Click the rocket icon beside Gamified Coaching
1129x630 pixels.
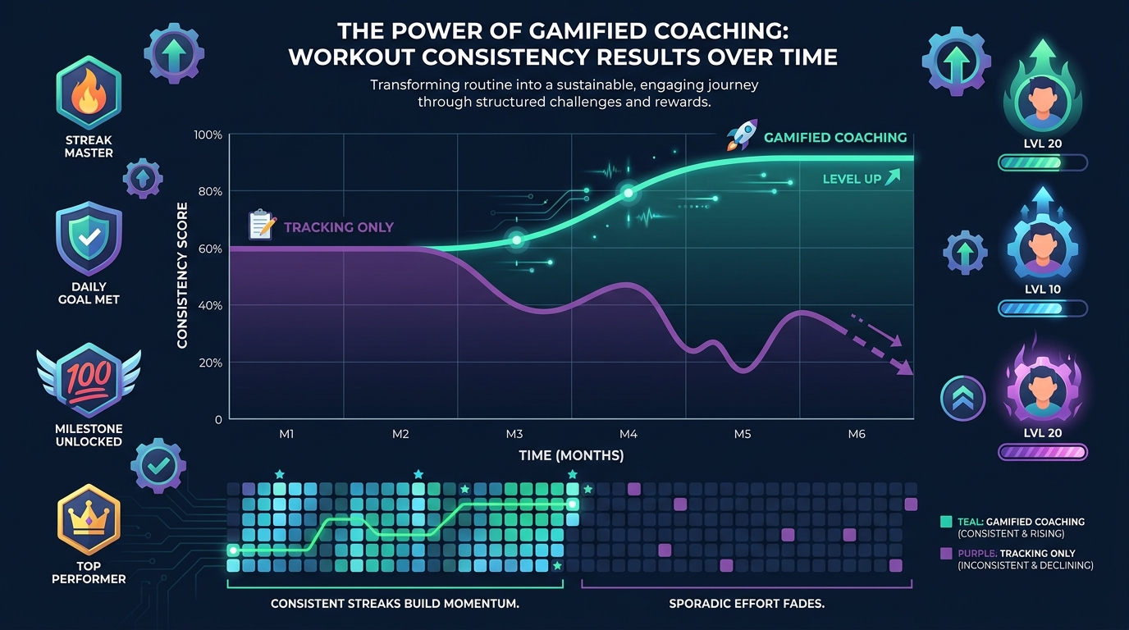click(x=742, y=136)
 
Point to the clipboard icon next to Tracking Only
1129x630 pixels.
click(x=262, y=225)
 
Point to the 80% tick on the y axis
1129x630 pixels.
click(x=210, y=192)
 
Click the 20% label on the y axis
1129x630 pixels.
click(x=210, y=363)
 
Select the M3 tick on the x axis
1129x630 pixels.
click(x=514, y=434)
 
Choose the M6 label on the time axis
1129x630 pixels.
click(x=856, y=434)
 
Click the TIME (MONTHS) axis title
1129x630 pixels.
click(x=571, y=454)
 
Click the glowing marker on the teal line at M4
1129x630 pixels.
click(x=628, y=193)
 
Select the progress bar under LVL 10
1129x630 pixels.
click(x=1042, y=309)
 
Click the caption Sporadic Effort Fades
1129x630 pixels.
click(x=746, y=604)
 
